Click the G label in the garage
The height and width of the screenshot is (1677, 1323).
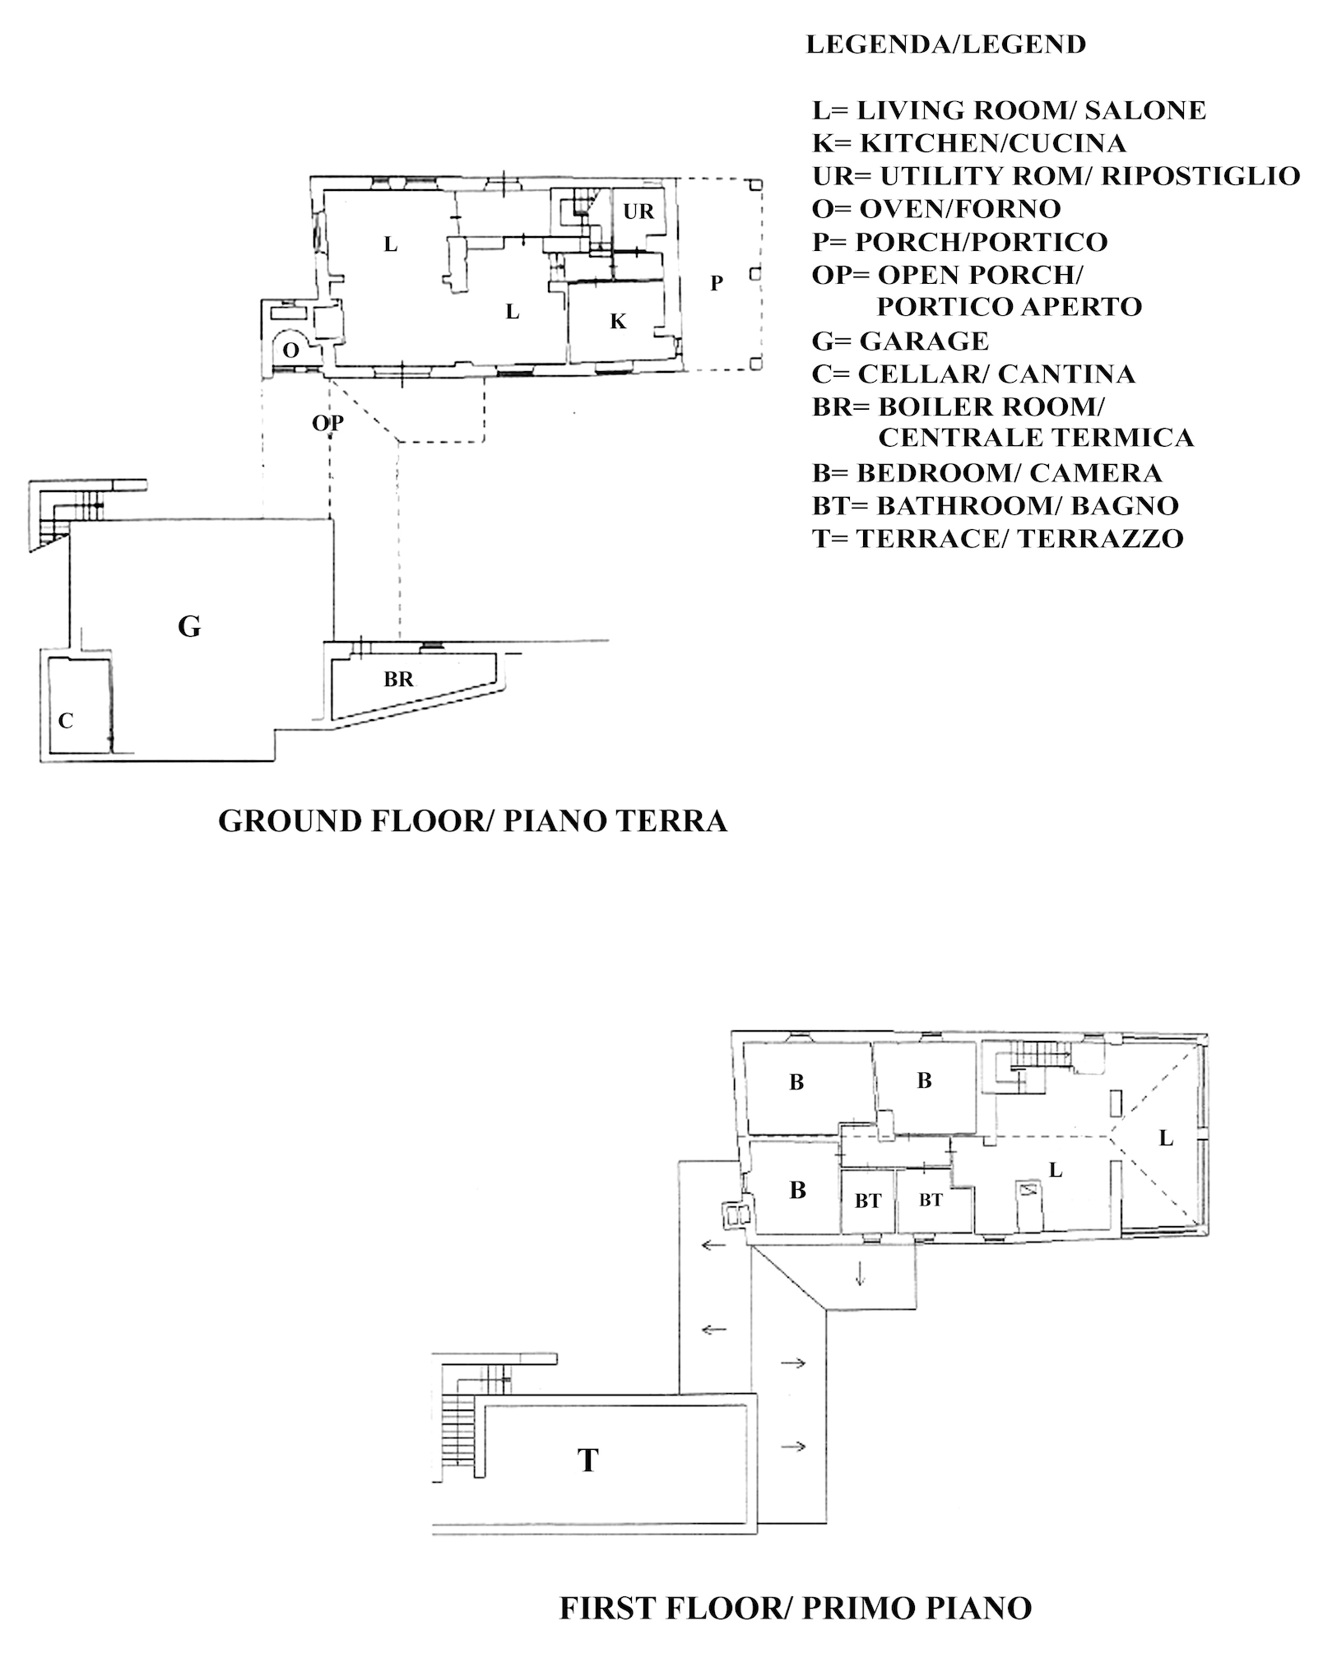tap(189, 627)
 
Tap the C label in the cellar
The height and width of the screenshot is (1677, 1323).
tap(66, 721)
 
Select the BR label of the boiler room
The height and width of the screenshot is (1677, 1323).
tap(398, 680)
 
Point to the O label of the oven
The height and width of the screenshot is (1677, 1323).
tap(290, 351)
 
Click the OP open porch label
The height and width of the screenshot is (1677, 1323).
tap(327, 423)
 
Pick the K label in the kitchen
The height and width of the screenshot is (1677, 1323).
tap(618, 322)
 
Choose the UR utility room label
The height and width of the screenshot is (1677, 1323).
tap(638, 211)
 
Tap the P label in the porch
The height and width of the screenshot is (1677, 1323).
tap(717, 283)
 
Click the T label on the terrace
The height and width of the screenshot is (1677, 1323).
tap(587, 1460)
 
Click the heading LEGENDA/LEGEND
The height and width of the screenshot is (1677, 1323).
tap(946, 44)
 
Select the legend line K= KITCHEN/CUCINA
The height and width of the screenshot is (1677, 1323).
tap(969, 143)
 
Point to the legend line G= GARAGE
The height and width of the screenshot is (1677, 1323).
tap(901, 341)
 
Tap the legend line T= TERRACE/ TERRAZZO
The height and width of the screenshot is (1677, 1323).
tap(998, 538)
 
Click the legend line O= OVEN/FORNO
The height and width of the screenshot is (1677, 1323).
tap(936, 209)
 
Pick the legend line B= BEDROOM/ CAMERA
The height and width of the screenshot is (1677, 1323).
tap(987, 472)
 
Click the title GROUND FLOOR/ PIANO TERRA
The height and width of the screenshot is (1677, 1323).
tap(473, 821)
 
